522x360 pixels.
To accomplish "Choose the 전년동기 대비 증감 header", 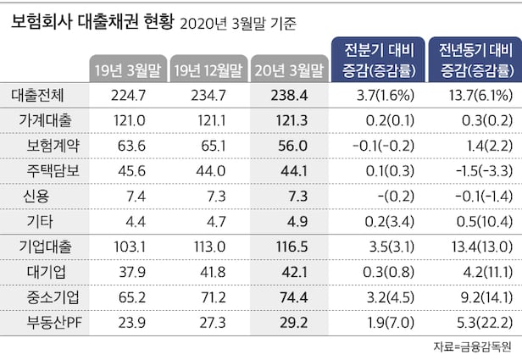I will (x=473, y=58).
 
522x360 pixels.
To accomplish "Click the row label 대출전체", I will (x=42, y=97).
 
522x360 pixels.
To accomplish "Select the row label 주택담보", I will (x=53, y=170).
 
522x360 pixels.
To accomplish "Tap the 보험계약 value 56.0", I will (x=289, y=146).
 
